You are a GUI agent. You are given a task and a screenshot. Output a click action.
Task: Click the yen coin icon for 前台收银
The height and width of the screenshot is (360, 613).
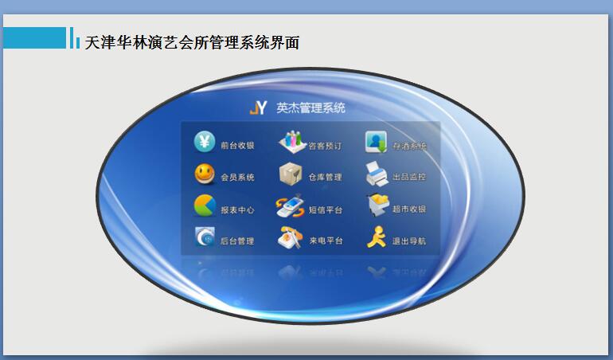(x=205, y=142)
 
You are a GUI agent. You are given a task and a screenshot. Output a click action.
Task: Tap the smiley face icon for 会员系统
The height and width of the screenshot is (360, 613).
(x=205, y=174)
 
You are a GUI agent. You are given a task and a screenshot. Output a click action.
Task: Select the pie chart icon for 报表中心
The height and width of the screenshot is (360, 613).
(x=205, y=206)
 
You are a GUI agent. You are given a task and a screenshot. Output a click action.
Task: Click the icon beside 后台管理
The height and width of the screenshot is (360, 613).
(x=205, y=237)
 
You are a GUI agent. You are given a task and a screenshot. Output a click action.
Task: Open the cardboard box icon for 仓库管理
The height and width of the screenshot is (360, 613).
(x=291, y=174)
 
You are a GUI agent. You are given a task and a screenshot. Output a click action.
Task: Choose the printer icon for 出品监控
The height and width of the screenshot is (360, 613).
(x=377, y=174)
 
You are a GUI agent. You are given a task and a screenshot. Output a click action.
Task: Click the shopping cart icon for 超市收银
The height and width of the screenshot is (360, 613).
(x=377, y=205)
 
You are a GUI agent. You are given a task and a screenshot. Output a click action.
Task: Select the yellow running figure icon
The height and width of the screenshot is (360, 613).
(x=377, y=237)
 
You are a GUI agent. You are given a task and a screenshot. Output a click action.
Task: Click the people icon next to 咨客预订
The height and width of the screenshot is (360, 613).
(x=292, y=142)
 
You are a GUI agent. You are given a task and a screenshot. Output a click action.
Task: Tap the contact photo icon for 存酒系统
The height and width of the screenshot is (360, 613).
(x=376, y=142)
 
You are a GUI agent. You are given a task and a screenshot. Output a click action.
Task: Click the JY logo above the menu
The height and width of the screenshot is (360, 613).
(x=258, y=108)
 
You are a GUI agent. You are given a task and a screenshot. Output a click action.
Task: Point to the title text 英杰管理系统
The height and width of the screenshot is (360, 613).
(x=310, y=108)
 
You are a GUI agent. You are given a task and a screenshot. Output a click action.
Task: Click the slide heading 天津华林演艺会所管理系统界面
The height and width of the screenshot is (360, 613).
(x=192, y=42)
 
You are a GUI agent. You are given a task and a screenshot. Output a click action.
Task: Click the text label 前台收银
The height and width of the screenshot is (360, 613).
(x=237, y=146)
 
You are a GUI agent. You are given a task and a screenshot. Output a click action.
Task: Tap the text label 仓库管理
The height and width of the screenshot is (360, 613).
(x=325, y=177)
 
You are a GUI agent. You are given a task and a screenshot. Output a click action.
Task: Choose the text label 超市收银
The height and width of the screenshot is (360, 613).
(x=409, y=209)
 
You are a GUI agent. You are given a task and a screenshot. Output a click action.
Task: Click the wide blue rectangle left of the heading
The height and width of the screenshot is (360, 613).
(x=34, y=37)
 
